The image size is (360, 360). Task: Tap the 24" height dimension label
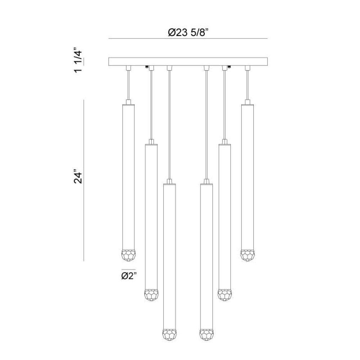point(78,176)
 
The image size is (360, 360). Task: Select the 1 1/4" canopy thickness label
point(78,60)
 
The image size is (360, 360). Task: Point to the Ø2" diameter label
point(129,276)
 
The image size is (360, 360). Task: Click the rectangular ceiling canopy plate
point(188,62)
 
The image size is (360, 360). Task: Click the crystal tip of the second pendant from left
point(151,295)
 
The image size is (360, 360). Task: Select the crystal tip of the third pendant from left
point(170,335)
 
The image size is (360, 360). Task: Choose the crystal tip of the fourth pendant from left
point(206,335)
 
